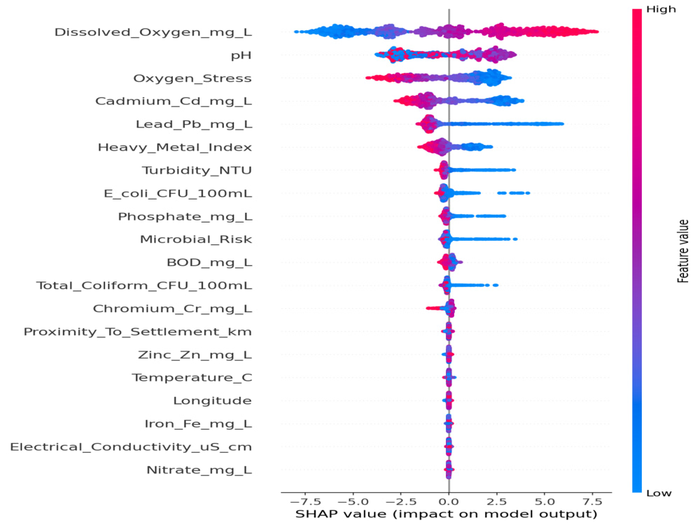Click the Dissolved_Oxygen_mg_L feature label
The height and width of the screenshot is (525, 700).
153,33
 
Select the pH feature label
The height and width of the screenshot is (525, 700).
241,56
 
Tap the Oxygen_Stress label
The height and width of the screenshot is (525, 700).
192,78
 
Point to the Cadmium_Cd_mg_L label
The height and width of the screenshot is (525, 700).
174,101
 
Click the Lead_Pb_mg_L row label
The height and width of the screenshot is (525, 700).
194,125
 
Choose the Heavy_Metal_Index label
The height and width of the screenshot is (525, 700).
175,147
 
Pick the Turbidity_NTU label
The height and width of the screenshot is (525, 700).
197,171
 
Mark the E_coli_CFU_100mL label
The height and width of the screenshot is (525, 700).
178,194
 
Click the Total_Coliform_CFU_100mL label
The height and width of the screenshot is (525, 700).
144,286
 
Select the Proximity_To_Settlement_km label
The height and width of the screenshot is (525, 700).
138,332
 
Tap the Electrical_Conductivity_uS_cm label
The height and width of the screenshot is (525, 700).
132,447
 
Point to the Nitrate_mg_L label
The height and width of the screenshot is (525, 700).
199,470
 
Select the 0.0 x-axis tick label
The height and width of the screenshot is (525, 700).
449,502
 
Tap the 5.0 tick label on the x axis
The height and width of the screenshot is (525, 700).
545,502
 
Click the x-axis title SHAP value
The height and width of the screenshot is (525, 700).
447,514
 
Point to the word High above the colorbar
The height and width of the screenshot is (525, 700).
661,9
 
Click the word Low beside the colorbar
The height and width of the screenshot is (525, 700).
659,493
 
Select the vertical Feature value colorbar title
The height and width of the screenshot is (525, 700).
683,251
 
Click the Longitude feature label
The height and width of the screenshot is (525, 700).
213,401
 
